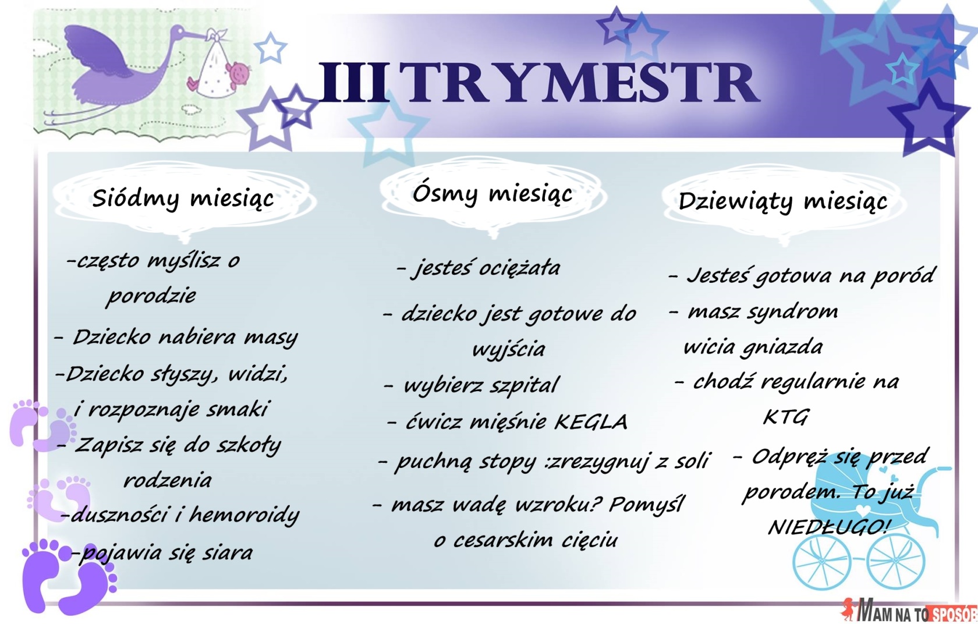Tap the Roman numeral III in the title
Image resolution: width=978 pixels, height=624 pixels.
pyautogui.click(x=354, y=82)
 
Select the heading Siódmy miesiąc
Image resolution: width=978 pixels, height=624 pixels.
pyautogui.click(x=183, y=198)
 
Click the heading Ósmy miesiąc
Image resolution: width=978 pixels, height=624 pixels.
pyautogui.click(x=492, y=193)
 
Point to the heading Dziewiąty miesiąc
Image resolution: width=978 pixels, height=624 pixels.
pyautogui.click(x=783, y=202)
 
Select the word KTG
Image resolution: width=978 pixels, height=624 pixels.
pyautogui.click(x=785, y=417)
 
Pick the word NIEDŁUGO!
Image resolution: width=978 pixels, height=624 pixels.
pyautogui.click(x=828, y=527)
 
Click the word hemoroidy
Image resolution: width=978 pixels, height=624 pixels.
pyautogui.click(x=244, y=515)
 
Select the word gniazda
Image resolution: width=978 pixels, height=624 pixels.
pyautogui.click(x=781, y=348)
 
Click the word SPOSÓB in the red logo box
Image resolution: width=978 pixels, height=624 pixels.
pyautogui.click(x=954, y=614)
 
